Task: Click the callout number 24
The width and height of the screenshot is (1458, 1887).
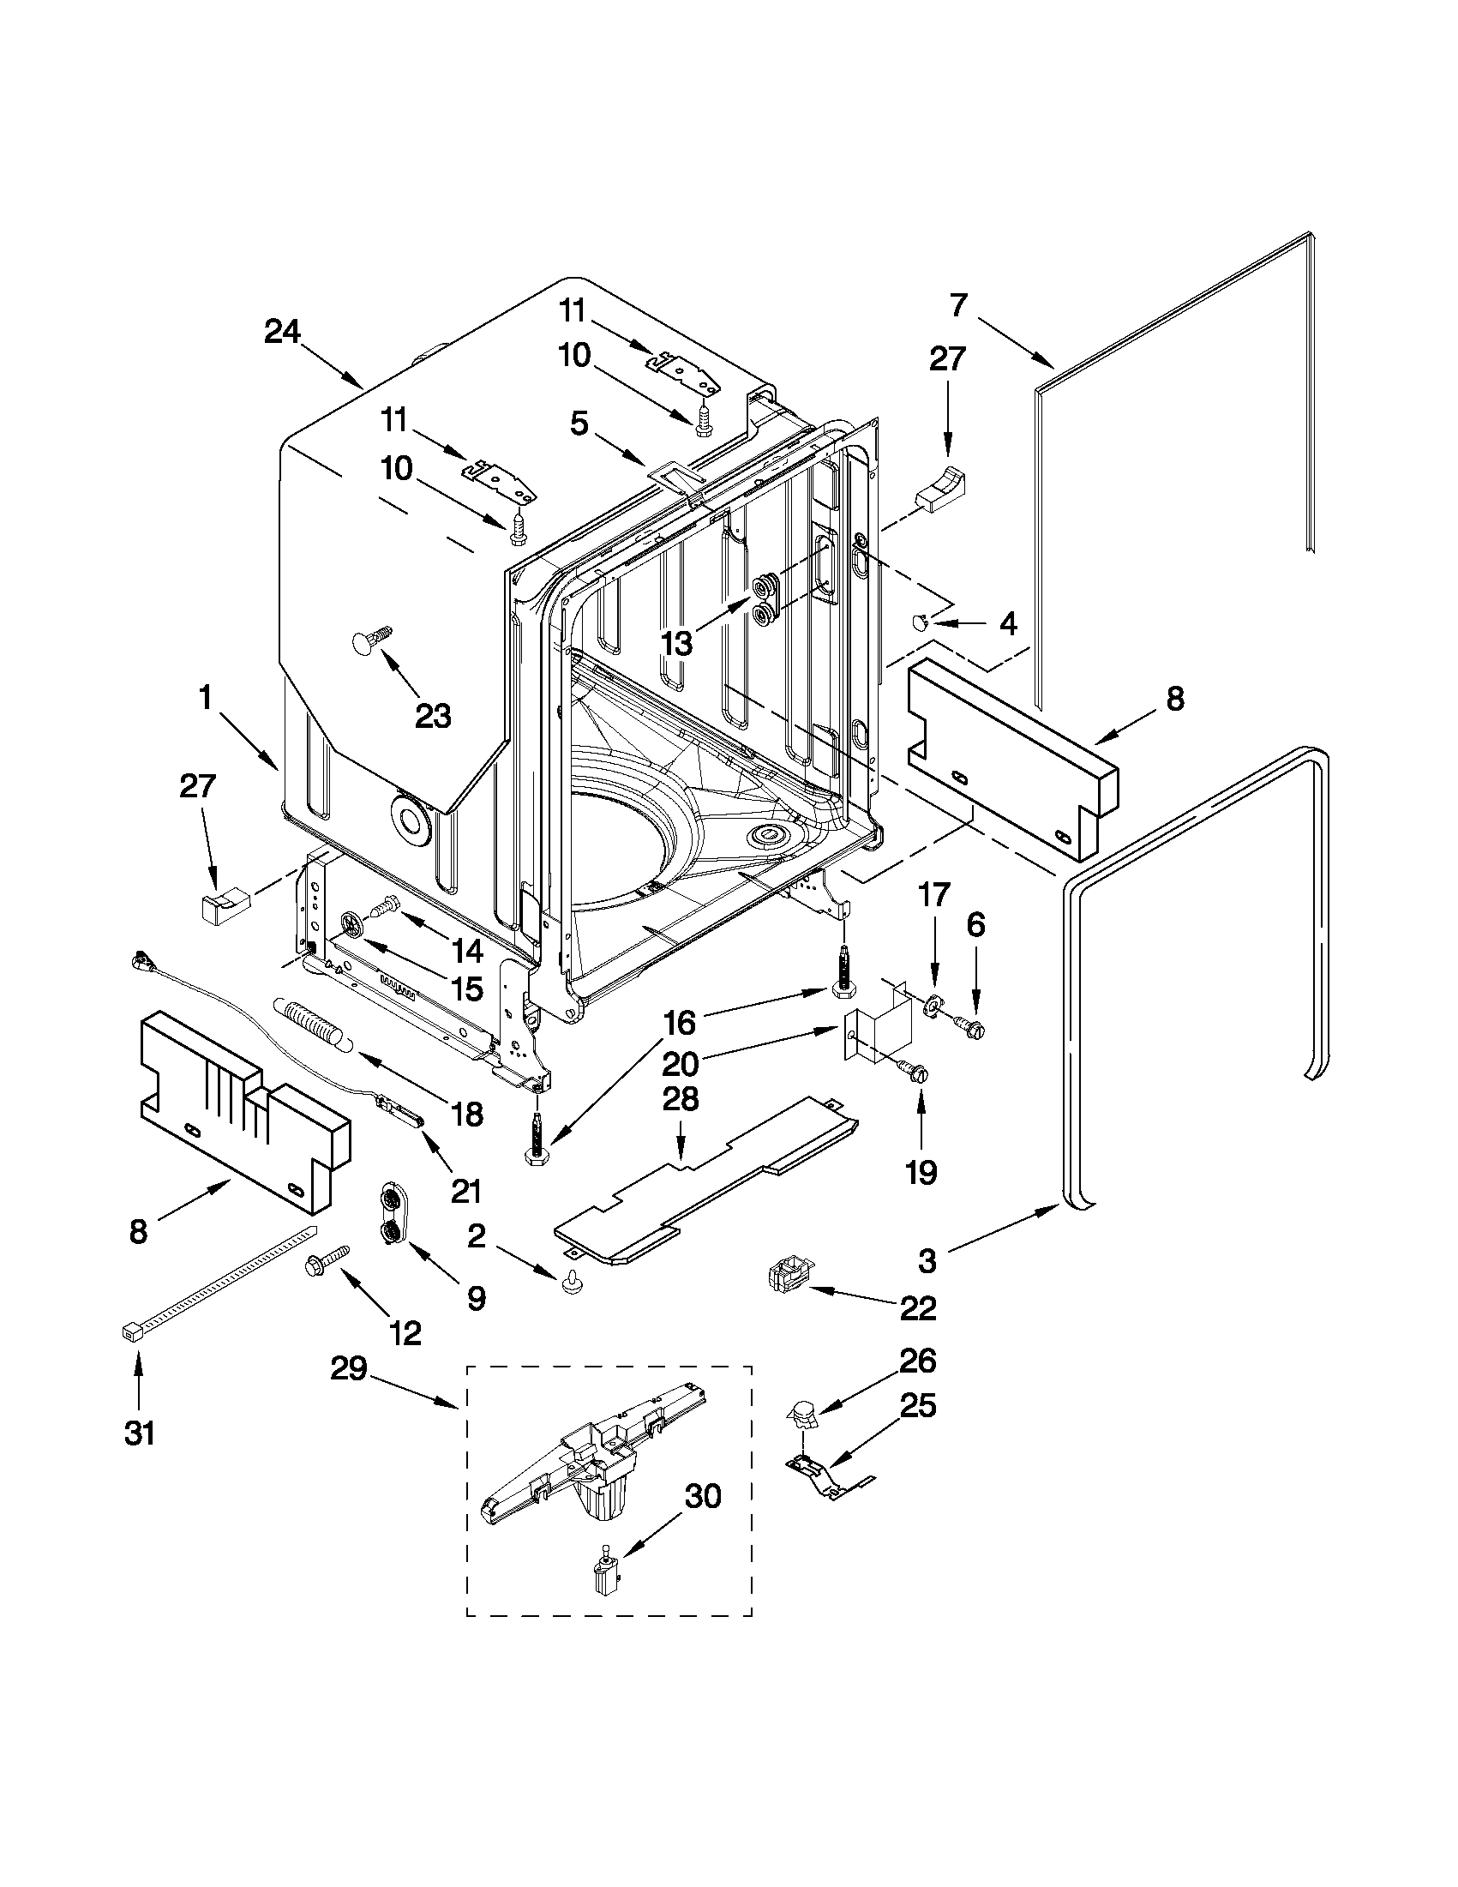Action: tap(282, 332)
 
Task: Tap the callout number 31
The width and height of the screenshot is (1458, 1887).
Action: tap(140, 1433)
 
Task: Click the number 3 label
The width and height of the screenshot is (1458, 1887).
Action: tap(926, 1260)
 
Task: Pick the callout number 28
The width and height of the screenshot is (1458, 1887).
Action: tap(681, 1100)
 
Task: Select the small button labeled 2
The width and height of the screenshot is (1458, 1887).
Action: tap(570, 1286)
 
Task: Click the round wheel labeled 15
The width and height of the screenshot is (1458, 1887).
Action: tap(352, 923)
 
